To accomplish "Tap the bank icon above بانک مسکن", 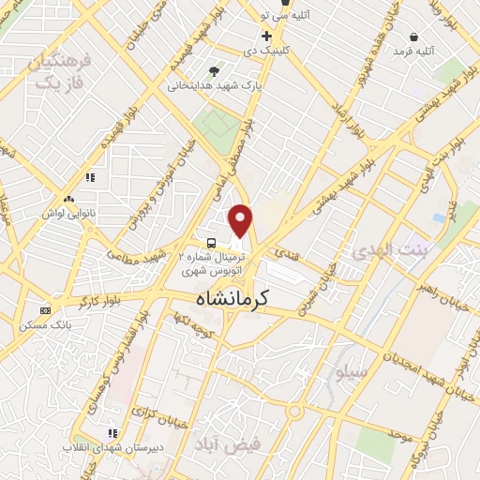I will pyautogui.click(x=45, y=310).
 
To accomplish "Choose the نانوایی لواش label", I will pyautogui.click(x=67, y=213).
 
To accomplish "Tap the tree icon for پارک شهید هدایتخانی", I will pyautogui.click(x=215, y=70).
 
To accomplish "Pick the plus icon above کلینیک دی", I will pyautogui.click(x=267, y=36).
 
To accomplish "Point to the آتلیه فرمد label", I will pyautogui.click(x=413, y=51).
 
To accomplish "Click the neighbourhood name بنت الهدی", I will pyautogui.click(x=387, y=250).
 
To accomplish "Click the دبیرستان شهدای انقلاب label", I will pyautogui.click(x=110, y=447).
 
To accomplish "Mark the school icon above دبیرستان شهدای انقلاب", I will pyautogui.click(x=112, y=433).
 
